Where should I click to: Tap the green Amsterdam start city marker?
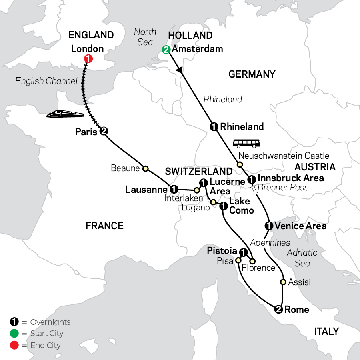(166, 50)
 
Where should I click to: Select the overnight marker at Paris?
(104, 131)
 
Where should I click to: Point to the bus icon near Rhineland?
(246, 143)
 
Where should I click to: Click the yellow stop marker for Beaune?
(146, 168)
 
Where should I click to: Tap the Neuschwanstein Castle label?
(284, 156)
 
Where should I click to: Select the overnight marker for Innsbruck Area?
(252, 179)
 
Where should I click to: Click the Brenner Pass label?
(283, 187)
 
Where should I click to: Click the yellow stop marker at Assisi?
(283, 282)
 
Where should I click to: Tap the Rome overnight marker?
(278, 309)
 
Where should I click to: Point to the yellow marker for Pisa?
(238, 260)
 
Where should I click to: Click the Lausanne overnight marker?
(173, 189)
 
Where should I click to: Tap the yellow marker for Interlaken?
(196, 190)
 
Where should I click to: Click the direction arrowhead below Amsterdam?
(181, 72)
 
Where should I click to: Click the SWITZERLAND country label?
(199, 172)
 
